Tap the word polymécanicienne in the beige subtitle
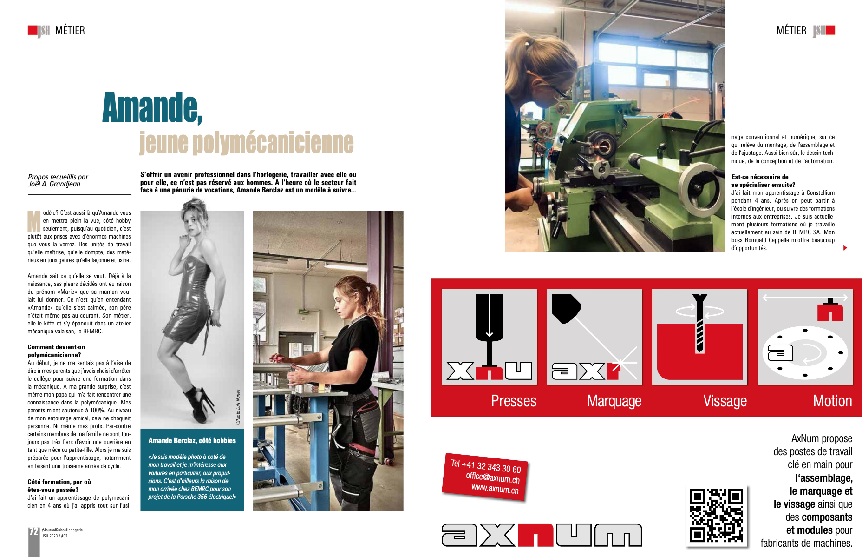click(x=273, y=143)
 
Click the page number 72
click(x=33, y=531)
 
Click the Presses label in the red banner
click(x=514, y=401)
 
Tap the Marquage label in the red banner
click(x=614, y=401)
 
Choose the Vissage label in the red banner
click(x=725, y=401)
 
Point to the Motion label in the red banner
click(x=832, y=401)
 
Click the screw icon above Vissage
click(x=699, y=323)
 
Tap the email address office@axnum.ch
click(x=493, y=477)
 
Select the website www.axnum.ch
click(x=495, y=489)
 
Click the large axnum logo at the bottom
click(x=542, y=535)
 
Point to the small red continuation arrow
click(x=845, y=248)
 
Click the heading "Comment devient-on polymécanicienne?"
click(x=56, y=351)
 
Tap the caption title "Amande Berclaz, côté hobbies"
click(x=192, y=440)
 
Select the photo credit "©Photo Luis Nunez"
click(x=238, y=407)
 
